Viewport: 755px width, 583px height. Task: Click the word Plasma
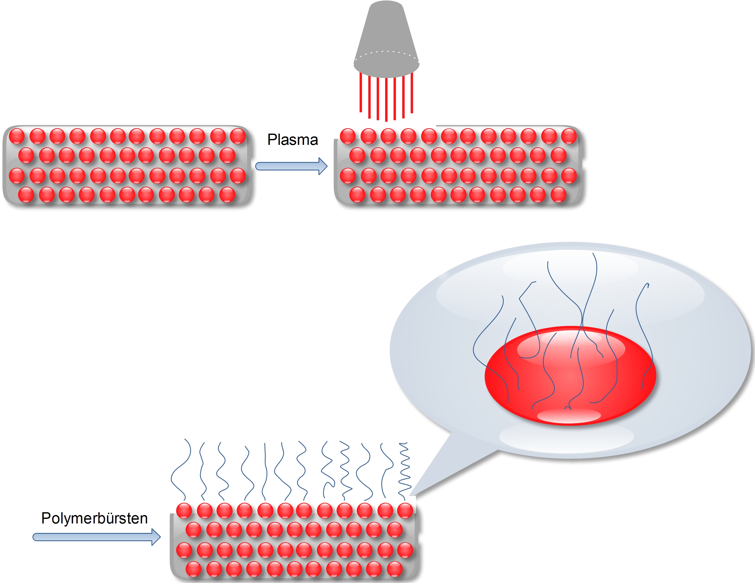point(292,140)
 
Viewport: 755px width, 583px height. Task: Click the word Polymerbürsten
point(95,518)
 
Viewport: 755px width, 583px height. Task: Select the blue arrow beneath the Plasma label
point(291,166)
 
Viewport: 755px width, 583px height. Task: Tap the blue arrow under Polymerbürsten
point(97,537)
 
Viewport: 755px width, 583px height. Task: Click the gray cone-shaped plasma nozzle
point(386,40)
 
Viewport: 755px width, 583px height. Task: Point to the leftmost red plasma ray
point(361,92)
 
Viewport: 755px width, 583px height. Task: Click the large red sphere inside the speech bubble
point(570,376)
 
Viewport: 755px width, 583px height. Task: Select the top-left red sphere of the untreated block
point(17,136)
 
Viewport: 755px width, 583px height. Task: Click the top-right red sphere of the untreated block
point(238,136)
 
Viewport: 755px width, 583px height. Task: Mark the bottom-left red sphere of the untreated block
point(26,195)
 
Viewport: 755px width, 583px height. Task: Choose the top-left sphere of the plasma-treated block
point(348,136)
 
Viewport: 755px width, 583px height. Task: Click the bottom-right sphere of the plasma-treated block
point(558,195)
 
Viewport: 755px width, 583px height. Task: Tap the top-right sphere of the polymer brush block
point(405,510)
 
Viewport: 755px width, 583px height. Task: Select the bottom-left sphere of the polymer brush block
point(194,569)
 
